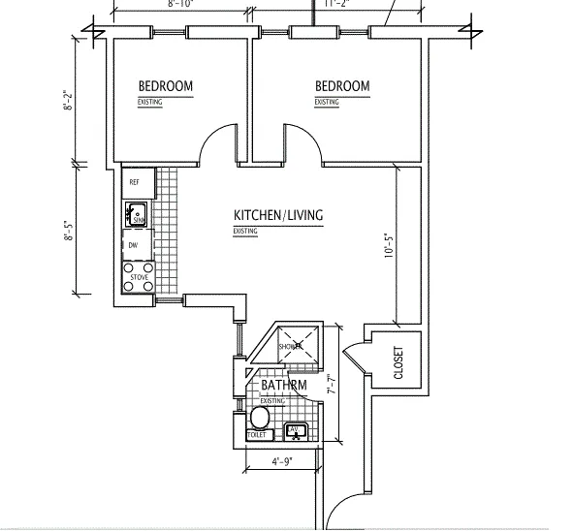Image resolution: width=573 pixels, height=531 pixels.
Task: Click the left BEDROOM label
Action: (165, 86)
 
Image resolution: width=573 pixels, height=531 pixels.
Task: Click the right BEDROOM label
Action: (342, 86)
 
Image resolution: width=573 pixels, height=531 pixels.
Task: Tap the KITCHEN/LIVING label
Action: (278, 215)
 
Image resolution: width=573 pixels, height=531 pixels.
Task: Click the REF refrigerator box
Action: (135, 180)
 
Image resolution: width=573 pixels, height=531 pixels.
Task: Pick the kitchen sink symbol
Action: (136, 212)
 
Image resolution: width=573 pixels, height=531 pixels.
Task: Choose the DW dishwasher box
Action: (134, 246)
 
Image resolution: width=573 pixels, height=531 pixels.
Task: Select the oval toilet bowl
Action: (259, 418)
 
